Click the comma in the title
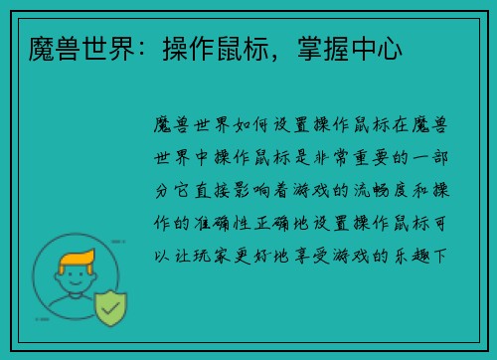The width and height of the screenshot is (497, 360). tap(288, 53)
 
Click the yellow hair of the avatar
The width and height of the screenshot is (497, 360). tap(78, 261)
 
